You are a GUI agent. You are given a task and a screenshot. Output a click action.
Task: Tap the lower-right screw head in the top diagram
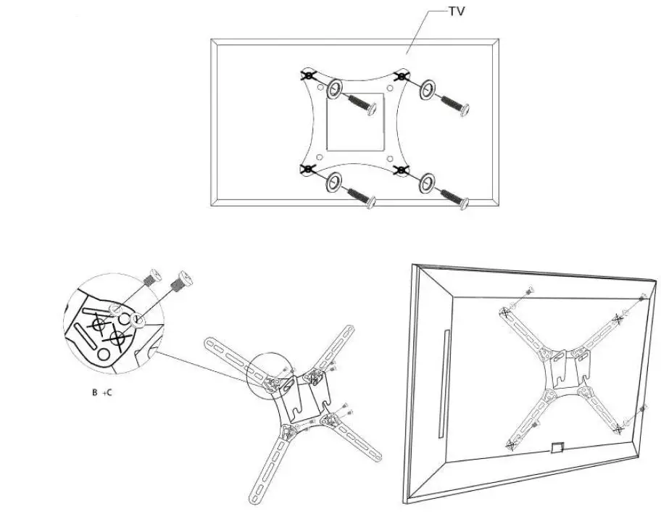[463, 204]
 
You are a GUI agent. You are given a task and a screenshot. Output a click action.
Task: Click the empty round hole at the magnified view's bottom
[106, 353]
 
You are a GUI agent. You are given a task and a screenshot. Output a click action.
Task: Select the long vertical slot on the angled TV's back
[445, 385]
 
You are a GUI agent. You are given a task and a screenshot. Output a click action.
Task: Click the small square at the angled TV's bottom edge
[557, 447]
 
